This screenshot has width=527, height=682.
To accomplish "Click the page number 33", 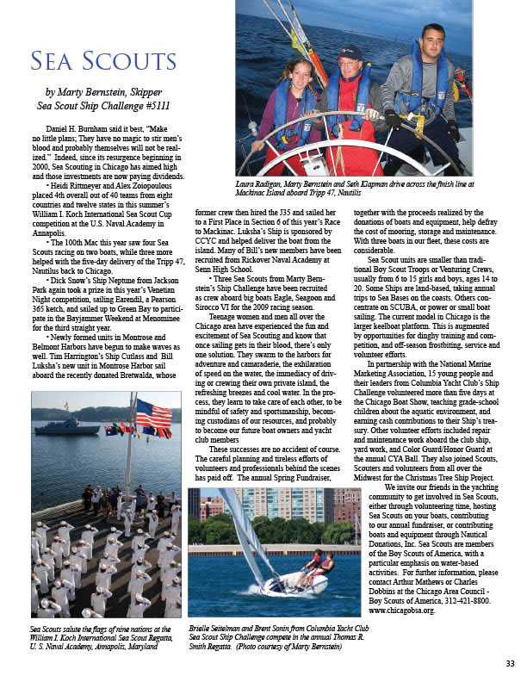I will click(x=510, y=663).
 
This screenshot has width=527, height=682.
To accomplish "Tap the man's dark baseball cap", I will click(x=350, y=53).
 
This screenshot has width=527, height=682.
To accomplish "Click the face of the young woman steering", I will click(x=292, y=71).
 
